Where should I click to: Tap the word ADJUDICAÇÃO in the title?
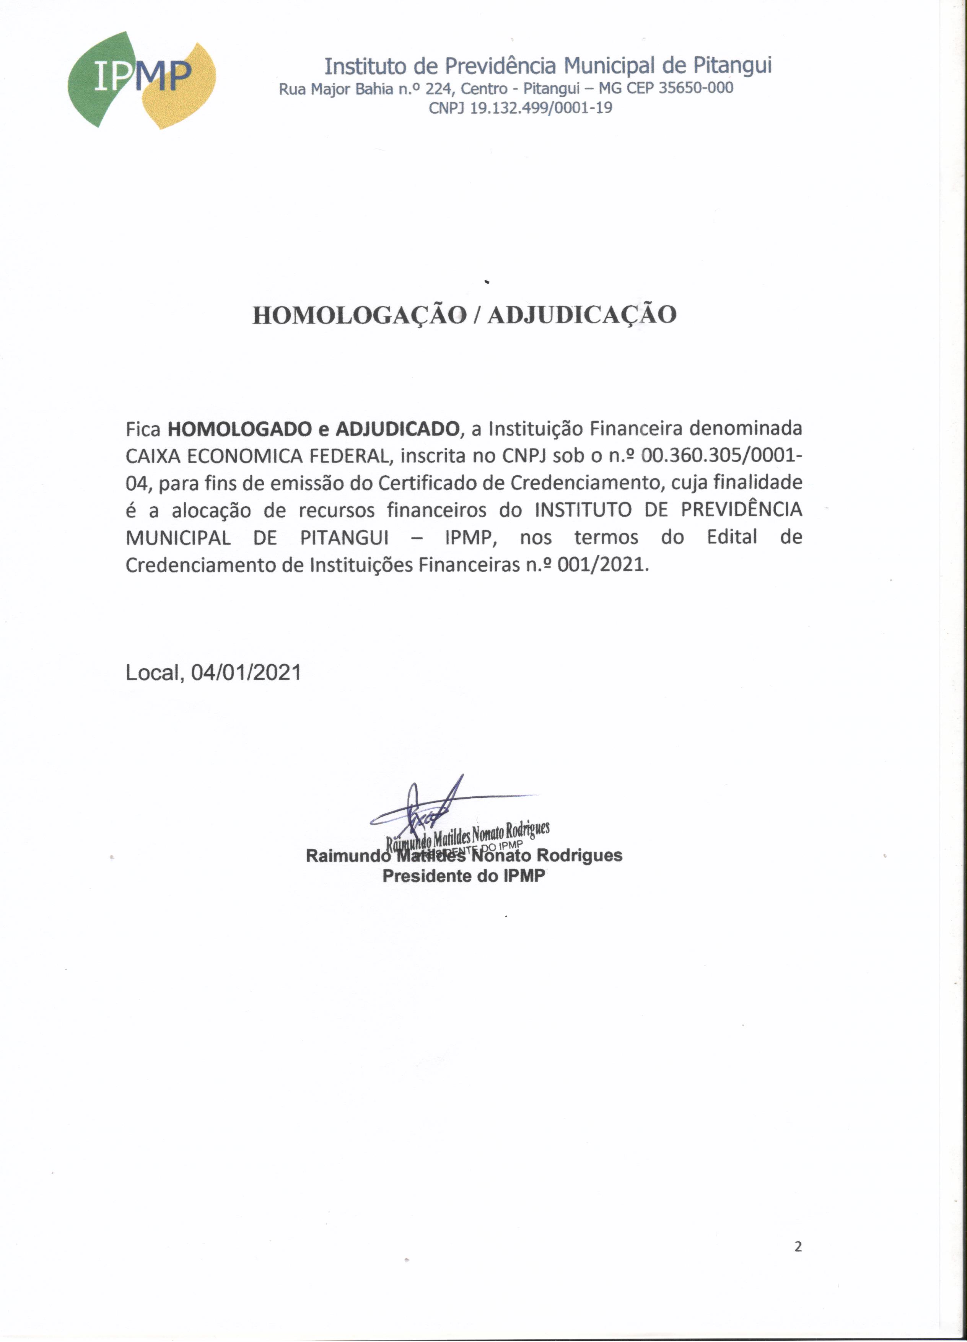[581, 315]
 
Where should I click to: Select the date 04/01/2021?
[246, 672]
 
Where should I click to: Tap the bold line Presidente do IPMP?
[464, 876]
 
